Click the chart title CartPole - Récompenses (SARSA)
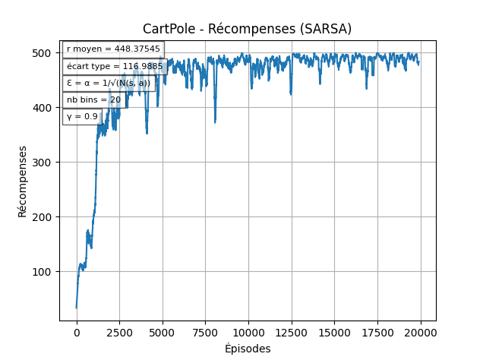[248, 29]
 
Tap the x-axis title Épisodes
[248, 349]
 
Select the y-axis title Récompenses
[23, 181]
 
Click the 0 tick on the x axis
[77, 332]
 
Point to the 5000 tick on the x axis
[163, 332]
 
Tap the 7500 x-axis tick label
[205, 332]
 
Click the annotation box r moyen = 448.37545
[113, 49]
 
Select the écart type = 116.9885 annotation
[115, 66]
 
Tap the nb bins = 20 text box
[93, 99]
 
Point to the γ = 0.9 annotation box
[82, 116]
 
